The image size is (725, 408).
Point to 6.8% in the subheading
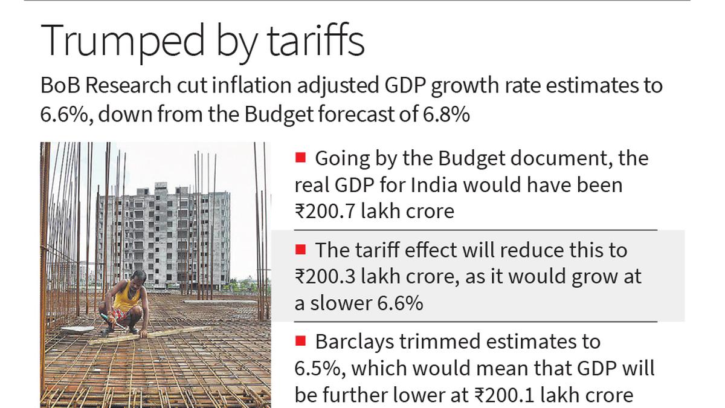[x=448, y=114]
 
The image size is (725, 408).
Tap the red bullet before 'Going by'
[x=300, y=158]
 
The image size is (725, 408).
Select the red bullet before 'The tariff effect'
[x=300, y=250]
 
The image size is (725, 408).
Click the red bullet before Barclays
[x=300, y=342]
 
